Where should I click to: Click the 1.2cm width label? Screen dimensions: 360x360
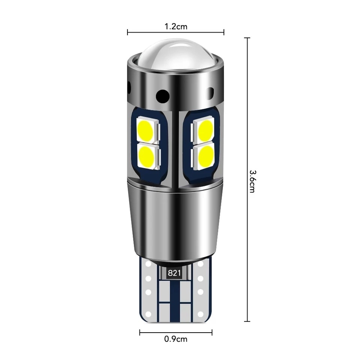pyautogui.click(x=176, y=27)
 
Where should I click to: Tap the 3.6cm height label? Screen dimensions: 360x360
pyautogui.click(x=252, y=181)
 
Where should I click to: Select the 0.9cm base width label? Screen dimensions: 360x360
pyautogui.click(x=176, y=339)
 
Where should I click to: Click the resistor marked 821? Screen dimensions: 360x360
pyautogui.click(x=174, y=273)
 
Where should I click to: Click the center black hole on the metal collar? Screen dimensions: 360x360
pyautogui.click(x=162, y=96)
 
